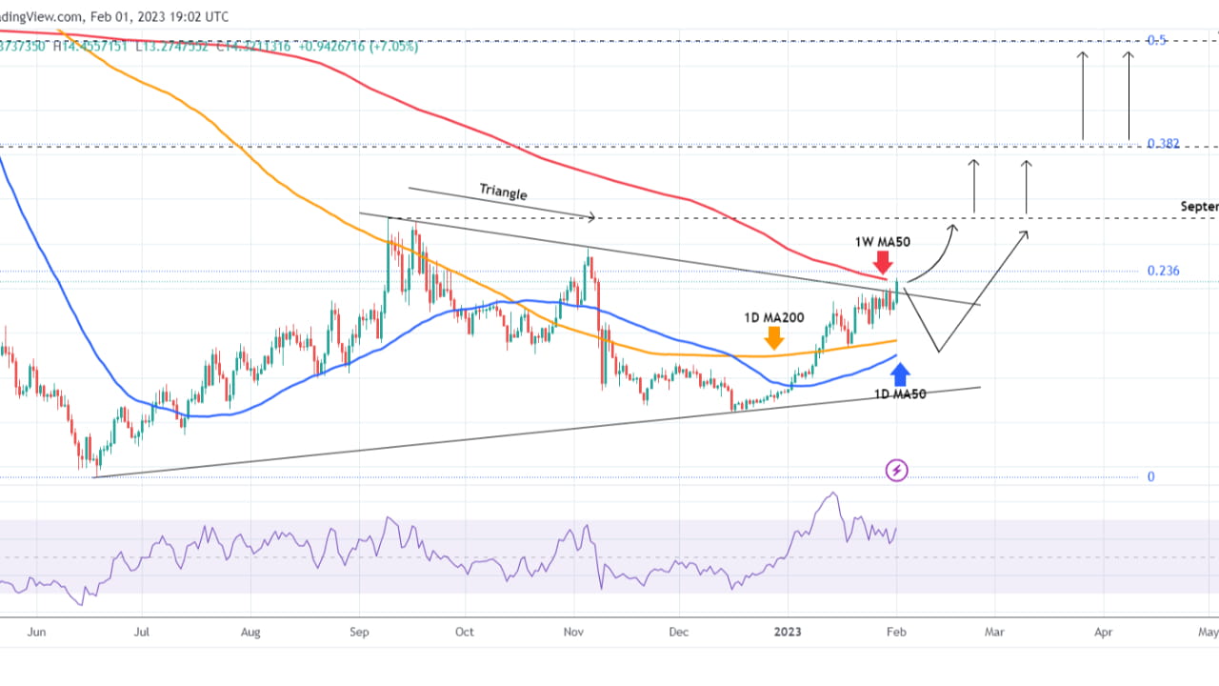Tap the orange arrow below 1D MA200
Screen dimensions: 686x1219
coord(773,336)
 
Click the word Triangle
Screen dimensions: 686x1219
coord(503,192)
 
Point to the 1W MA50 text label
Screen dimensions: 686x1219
coord(882,242)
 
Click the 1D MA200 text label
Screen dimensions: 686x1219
coord(774,316)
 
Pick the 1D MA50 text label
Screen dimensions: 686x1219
coord(900,393)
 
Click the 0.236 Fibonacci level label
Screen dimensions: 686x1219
coord(1163,271)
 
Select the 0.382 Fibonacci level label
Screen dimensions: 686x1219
coord(1163,144)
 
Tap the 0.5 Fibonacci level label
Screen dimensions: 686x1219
coord(1157,40)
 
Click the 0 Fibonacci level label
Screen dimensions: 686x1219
coord(1150,476)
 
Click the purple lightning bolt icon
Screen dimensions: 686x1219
coord(897,470)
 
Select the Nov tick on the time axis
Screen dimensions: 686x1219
coord(574,631)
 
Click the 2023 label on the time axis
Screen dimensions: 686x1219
coord(788,631)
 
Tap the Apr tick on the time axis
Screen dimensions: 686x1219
coord(1103,631)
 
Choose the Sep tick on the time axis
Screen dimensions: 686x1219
coord(359,631)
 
